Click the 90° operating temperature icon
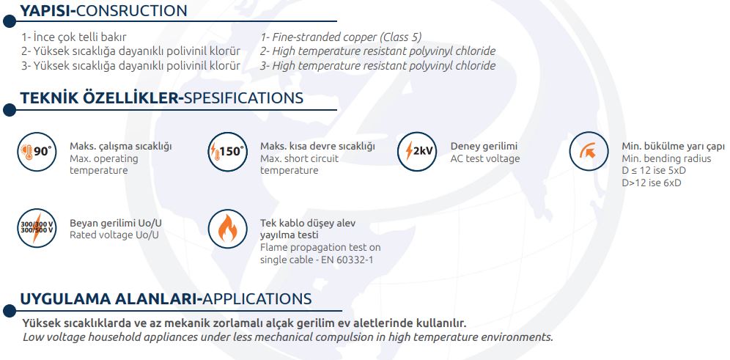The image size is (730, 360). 37,152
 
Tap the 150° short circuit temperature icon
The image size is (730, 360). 226,152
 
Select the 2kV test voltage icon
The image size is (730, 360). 417,152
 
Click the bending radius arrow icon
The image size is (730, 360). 589,151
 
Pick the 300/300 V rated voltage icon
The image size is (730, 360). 37,228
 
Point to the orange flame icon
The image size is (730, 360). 227,228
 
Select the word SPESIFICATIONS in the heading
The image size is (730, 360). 244,98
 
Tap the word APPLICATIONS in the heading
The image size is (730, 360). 257,298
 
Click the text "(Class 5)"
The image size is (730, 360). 401,37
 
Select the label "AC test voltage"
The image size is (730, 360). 485,158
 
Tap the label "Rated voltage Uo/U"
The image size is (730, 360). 114,235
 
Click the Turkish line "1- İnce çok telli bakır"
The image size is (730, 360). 73,37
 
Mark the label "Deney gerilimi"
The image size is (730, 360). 484,146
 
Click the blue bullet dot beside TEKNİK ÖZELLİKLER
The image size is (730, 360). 10,111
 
